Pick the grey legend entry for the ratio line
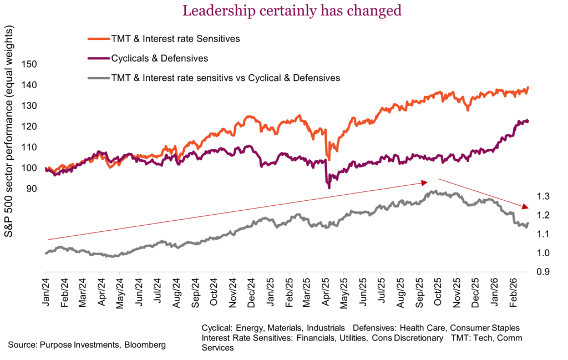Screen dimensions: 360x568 pyautogui.click(x=225, y=78)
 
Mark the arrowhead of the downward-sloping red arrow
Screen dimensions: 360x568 pyautogui.click(x=525, y=207)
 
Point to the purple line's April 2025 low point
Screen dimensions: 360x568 pyautogui.click(x=329, y=188)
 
